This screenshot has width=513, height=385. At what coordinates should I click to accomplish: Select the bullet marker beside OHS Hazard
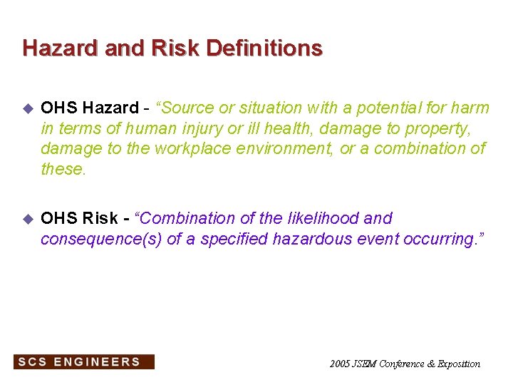(28, 108)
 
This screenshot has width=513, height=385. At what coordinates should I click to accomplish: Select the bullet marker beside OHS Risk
(28, 219)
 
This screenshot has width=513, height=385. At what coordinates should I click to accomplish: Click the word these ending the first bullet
(63, 168)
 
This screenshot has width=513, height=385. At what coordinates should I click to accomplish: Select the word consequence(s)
(100, 239)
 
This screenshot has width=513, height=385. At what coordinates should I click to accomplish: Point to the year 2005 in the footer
(339, 364)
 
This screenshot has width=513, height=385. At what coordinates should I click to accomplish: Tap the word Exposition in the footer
(459, 364)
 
